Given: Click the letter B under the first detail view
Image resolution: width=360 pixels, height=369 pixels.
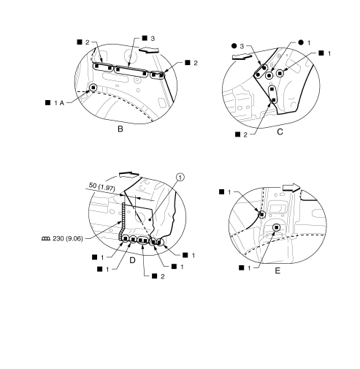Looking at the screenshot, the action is coord(120,129).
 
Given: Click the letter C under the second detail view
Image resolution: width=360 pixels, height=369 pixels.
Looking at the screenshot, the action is coord(280,132).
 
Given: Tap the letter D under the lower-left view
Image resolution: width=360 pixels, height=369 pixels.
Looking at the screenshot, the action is coord(132,260).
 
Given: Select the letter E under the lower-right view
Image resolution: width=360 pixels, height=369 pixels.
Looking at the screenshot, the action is coord(277,270).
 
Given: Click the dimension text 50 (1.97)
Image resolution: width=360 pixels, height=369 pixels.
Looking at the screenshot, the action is coord(102,186).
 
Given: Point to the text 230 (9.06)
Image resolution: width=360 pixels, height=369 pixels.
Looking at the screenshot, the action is coord(68,238).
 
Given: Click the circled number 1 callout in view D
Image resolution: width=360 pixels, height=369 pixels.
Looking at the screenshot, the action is coord(180,177).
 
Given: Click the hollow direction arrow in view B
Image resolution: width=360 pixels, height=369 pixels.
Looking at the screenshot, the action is coord(149,50).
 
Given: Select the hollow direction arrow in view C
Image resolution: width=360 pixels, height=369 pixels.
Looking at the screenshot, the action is coord(242,57).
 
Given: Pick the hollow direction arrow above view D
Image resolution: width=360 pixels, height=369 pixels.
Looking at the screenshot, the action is coord(129,175).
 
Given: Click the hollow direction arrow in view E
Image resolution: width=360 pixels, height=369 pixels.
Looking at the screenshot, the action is coord(291,187).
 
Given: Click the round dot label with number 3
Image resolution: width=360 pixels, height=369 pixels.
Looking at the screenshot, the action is coord(237,46).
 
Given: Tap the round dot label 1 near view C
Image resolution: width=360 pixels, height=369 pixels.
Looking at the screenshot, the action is coord(305,42).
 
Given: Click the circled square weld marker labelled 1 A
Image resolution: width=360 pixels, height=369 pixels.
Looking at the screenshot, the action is coord(93,88).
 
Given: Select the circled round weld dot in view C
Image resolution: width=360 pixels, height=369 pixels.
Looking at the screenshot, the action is coord(269,76).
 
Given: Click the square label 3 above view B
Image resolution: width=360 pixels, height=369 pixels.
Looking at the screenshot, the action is coord(148,38).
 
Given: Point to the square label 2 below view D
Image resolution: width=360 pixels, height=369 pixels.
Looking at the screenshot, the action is coord(158,276).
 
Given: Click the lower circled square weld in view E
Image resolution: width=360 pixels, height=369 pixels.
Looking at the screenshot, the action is coord(277,227).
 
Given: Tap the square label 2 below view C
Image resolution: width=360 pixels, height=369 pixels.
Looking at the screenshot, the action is coord(241,134).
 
